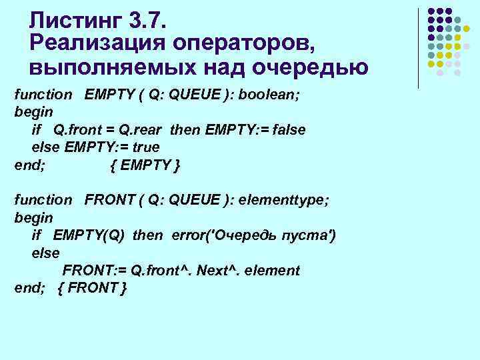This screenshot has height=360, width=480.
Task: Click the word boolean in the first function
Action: click(x=271, y=95)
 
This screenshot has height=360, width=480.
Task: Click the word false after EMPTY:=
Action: click(x=287, y=129)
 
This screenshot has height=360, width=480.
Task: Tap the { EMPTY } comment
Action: click(x=144, y=164)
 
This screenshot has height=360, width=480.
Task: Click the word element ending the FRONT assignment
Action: click(x=274, y=271)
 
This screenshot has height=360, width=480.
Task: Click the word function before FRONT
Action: click(x=43, y=199)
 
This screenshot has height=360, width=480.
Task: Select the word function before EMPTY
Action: click(x=43, y=95)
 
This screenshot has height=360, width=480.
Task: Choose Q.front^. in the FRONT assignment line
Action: click(x=158, y=271)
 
